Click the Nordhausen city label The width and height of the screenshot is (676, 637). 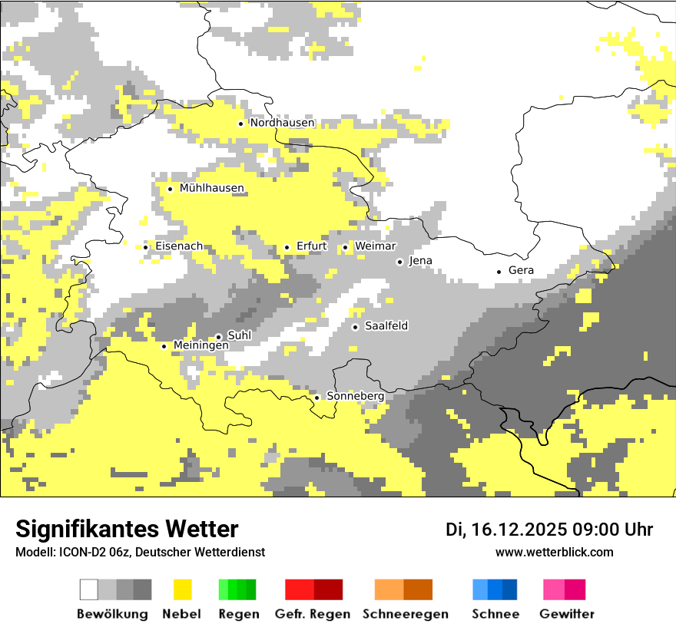point(282,123)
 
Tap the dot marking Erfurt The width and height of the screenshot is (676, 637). point(287,247)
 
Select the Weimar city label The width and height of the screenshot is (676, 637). point(375,246)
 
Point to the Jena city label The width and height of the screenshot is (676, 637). point(420,261)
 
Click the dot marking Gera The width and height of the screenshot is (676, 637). point(499,271)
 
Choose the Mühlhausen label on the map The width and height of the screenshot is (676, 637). point(211,188)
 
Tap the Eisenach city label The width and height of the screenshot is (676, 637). point(179,246)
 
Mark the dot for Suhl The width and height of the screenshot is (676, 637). point(218,336)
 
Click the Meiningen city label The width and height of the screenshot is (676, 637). point(200,346)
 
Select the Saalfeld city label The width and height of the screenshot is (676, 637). point(386,326)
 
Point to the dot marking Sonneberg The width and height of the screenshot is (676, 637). point(316,398)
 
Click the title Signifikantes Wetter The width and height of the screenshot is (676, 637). point(127,529)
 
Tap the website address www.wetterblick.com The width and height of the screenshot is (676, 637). point(554,552)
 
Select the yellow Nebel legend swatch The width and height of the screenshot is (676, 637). point(182,589)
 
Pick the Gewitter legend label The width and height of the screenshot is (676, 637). point(566,614)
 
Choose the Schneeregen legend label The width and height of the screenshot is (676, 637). point(405,614)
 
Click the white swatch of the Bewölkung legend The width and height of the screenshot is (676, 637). point(89,589)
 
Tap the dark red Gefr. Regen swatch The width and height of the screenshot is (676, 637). point(328,589)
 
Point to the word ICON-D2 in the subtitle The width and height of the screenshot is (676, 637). point(78,552)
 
